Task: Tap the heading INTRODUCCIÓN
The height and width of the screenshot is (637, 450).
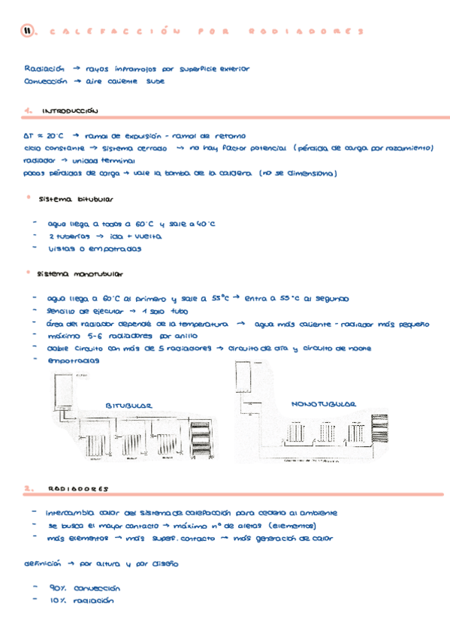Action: [71, 111]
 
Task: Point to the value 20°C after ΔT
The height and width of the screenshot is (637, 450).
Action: [55, 137]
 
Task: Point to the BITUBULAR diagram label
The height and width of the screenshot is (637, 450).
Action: [128, 406]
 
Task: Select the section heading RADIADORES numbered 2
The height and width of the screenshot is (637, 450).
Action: [79, 488]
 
